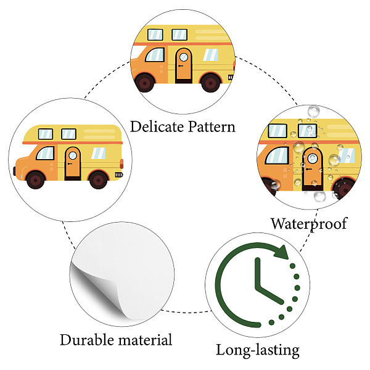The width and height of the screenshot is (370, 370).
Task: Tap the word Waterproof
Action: coord(308,223)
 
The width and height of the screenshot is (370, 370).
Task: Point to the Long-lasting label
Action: coord(257,351)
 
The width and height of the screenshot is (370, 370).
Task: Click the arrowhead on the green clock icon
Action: coord(281,253)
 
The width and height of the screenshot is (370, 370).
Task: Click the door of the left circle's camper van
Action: coord(73,163)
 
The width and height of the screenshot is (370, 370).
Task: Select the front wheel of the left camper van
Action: coord(36,180)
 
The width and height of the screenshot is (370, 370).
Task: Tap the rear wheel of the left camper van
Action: coord(98,180)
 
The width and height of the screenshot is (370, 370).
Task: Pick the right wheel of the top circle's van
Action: coord(210,81)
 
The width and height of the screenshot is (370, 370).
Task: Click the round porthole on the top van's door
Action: coord(183,58)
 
